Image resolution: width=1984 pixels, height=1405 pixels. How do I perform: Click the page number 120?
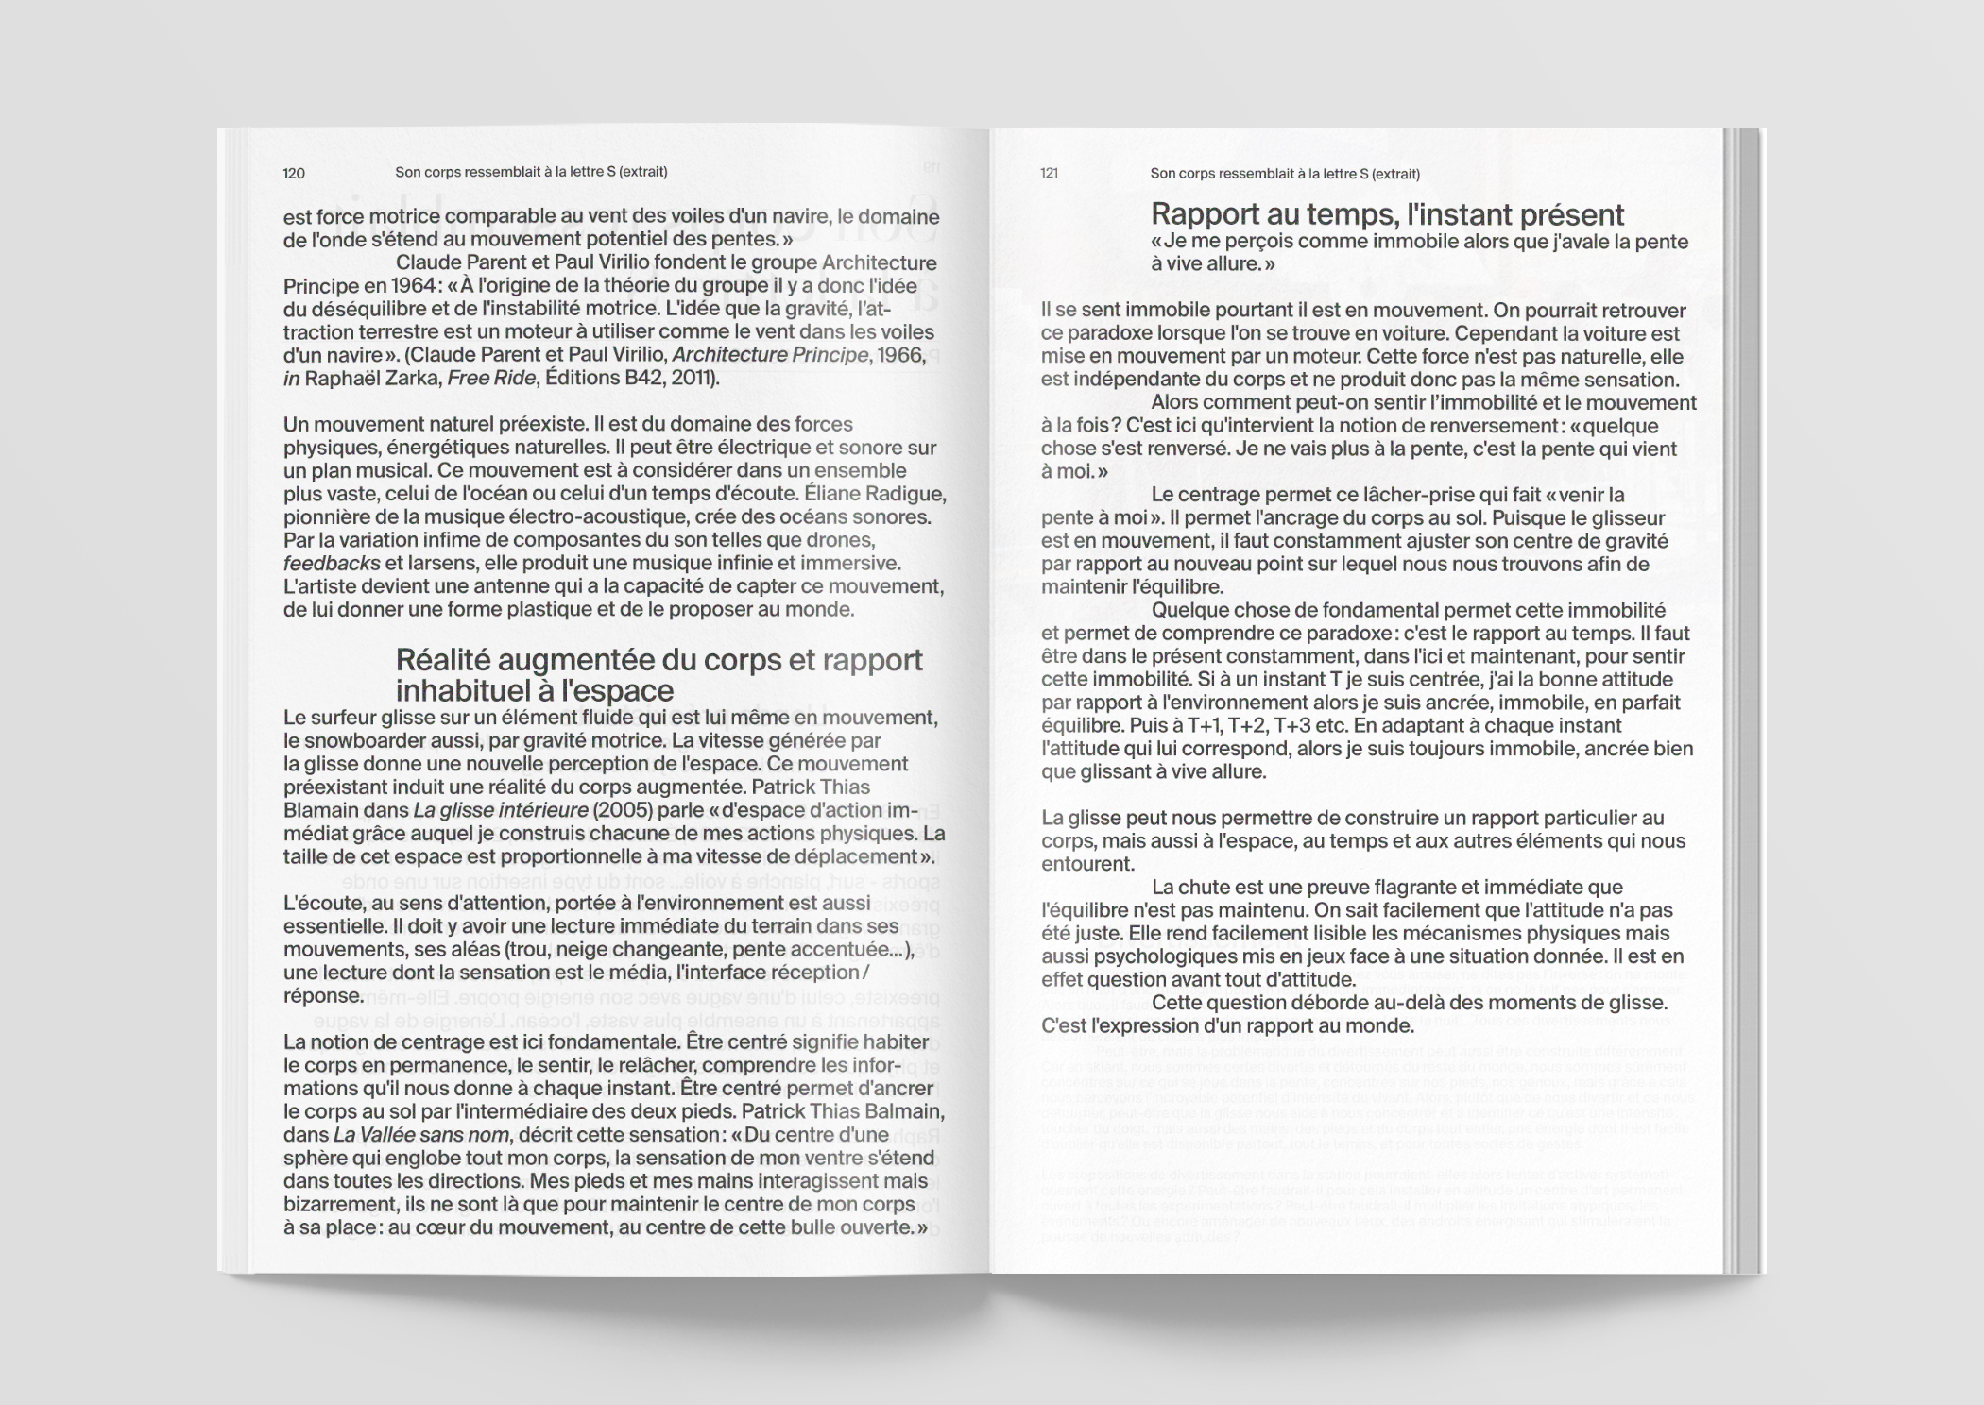point(294,173)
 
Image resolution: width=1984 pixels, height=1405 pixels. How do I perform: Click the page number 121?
point(1049,173)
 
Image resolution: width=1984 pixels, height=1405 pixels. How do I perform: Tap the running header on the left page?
point(531,172)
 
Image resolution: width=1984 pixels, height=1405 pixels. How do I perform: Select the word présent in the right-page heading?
point(1571,215)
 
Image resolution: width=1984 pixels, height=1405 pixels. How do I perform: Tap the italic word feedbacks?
point(332,564)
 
